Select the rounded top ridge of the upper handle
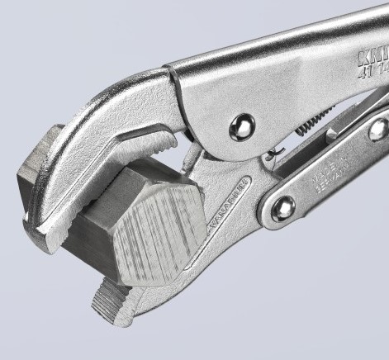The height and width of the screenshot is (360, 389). click(273, 50)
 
